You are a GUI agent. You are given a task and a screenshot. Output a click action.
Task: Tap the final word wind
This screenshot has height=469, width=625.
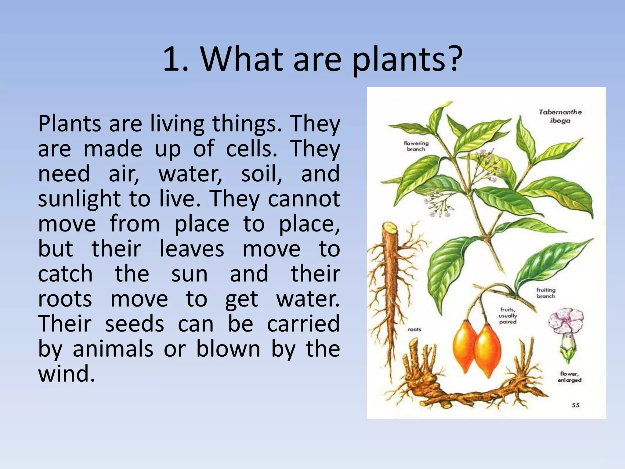[66, 374]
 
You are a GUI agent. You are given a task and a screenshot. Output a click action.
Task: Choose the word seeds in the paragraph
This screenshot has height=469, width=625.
[135, 324]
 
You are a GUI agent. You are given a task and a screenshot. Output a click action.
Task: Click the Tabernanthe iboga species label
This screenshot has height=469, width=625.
[560, 116]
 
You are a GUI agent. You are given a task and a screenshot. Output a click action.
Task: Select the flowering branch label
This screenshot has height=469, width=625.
[416, 146]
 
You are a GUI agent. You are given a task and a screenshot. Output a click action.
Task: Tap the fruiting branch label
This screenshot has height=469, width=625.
[546, 293]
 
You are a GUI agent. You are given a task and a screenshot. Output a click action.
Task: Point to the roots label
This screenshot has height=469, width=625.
[414, 329]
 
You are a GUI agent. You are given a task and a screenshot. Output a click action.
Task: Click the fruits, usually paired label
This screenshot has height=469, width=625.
[508, 315]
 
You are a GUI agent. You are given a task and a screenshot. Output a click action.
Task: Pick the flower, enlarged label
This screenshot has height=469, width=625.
[569, 377]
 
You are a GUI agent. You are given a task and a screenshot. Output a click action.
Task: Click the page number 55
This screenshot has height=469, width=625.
[576, 405]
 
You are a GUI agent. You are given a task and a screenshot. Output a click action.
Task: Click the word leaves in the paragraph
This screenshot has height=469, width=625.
[192, 249]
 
